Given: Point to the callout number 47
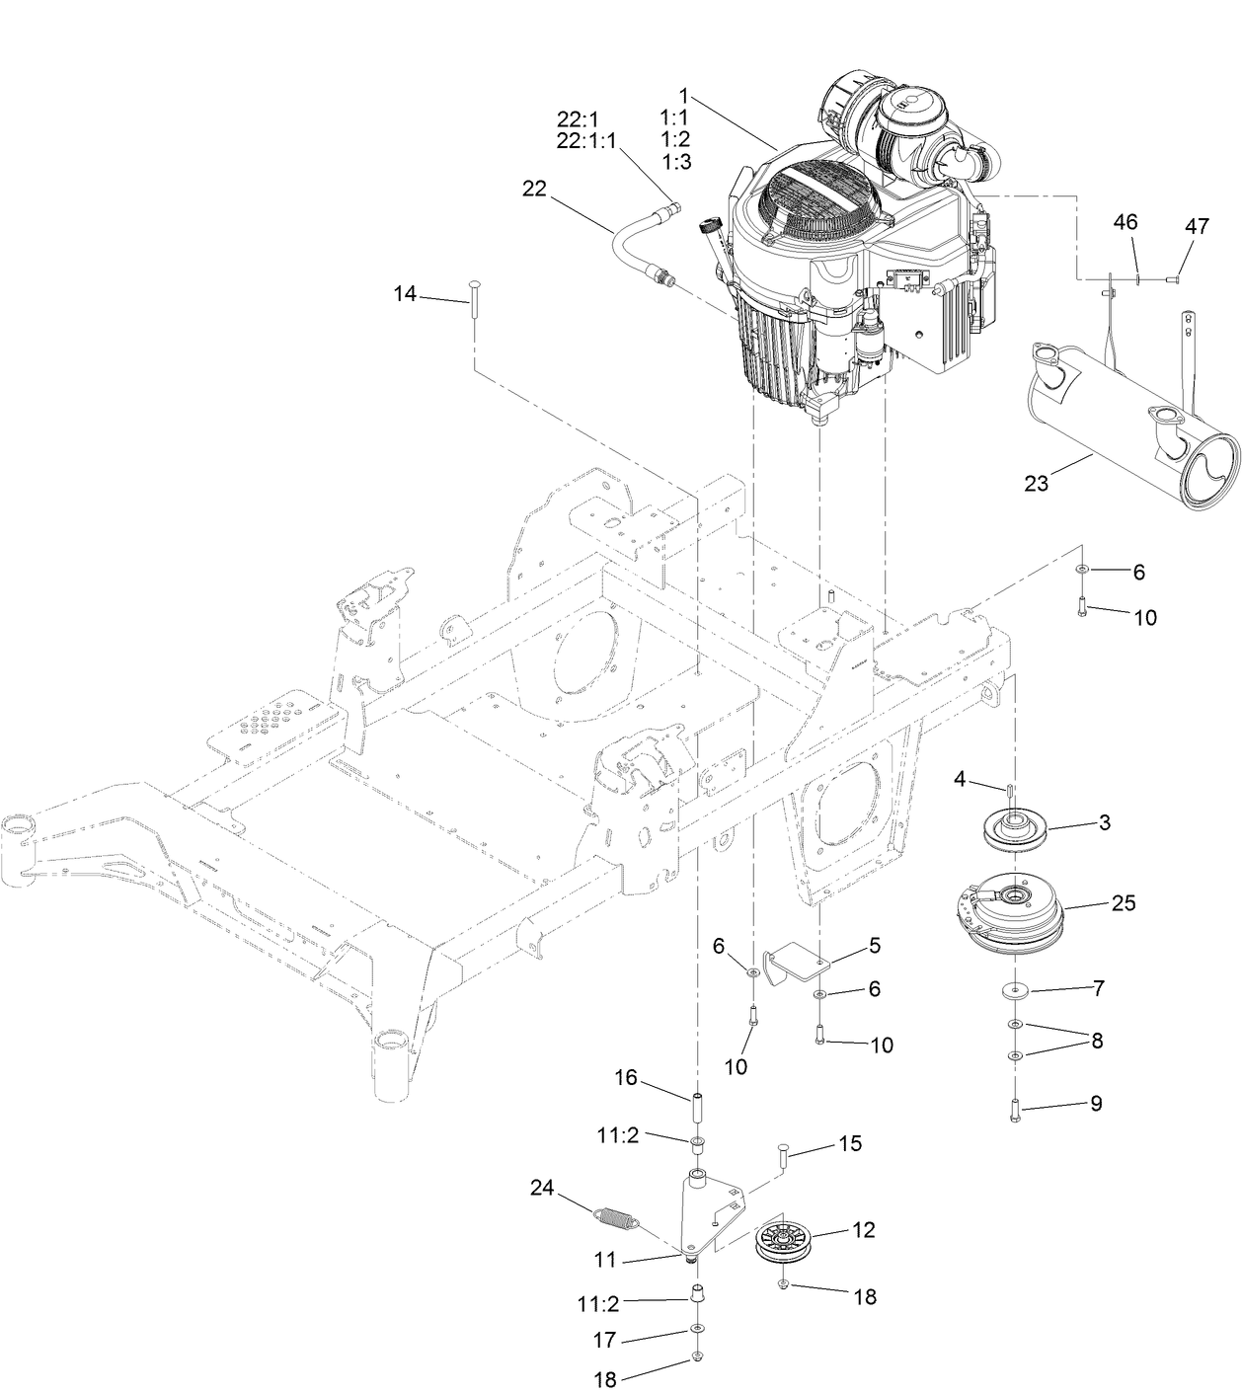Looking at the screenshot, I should pos(1196,227).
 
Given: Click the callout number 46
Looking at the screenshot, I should pos(1126,221).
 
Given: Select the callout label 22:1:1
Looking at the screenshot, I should pos(585,141).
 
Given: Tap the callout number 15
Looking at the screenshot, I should pos(849,1143).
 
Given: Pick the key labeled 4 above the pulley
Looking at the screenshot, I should pos(1010,790).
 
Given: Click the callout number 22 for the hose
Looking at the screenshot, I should pos(534,190).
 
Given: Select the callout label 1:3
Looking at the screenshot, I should pos(675,161).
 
